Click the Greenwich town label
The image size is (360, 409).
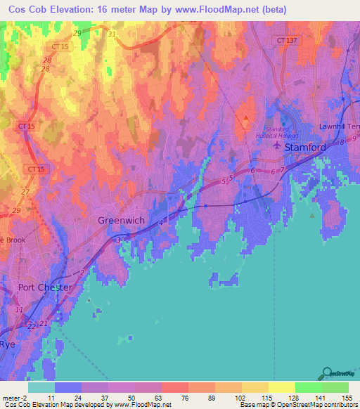tap(121, 221)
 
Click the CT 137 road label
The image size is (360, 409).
tap(288, 41)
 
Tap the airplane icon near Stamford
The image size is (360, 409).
tap(276, 147)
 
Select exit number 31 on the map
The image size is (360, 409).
tap(112, 34)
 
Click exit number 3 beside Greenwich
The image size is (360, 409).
tap(117, 241)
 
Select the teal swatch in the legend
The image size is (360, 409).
tap(41, 387)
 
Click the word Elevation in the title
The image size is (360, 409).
tap(70, 8)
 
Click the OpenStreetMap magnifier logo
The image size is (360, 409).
tap(327, 372)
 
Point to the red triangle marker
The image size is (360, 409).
tap(246, 117)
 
